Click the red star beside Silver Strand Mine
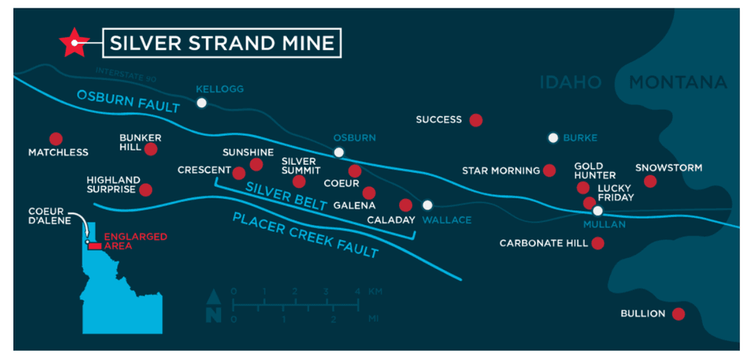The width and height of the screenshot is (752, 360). coord(74,43)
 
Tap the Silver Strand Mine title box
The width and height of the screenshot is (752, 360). coord(222,43)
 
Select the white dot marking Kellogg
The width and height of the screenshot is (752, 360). coord(201,103)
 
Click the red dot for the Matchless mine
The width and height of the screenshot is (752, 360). coord(55,139)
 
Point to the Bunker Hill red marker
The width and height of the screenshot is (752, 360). coord(150,149)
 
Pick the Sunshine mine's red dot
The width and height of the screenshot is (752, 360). coord(256,164)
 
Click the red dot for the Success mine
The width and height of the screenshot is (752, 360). coord(476,120)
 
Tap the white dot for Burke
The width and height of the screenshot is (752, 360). coord(552,138)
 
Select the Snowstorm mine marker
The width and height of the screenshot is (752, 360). coord(650,181)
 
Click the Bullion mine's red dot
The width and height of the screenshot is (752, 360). coord(678,314)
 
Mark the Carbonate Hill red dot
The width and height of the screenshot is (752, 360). coord(598,243)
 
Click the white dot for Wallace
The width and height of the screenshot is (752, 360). coord(427,205)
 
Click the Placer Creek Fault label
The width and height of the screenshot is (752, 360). coord(306,235)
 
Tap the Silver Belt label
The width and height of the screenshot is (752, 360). coord(280,196)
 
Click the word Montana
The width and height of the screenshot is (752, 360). coord(677,82)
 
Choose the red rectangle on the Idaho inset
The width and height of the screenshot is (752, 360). coord(94,246)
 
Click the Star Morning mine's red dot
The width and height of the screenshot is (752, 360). coord(549,170)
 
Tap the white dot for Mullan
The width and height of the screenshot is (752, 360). coord(598,210)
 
